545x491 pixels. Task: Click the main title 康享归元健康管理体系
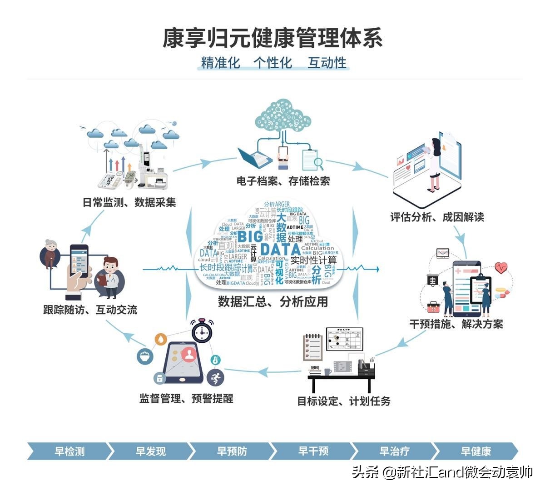pyautogui.click(x=272, y=38)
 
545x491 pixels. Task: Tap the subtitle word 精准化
pyautogui.click(x=220, y=63)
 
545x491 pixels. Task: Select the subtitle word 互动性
pyautogui.click(x=327, y=63)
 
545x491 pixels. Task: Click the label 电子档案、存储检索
pyautogui.click(x=283, y=181)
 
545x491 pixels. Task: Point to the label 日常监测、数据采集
pyautogui.click(x=129, y=202)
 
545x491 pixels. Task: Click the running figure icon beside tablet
pyautogui.click(x=216, y=377)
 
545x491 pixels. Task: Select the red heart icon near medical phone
pyautogui.click(x=501, y=267)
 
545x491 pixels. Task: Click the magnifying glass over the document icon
pyautogui.click(x=318, y=162)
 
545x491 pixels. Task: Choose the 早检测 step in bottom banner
pyautogui.click(x=69, y=451)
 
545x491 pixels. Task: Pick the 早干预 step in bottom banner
pyautogui.click(x=313, y=451)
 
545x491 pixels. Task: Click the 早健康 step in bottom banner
pyautogui.click(x=476, y=451)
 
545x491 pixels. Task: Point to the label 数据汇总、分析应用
pyautogui.click(x=272, y=301)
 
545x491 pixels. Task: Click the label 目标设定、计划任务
pyautogui.click(x=343, y=401)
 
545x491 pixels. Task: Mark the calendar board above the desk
pyautogui.click(x=344, y=339)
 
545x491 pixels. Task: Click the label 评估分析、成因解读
pyautogui.click(x=437, y=217)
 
